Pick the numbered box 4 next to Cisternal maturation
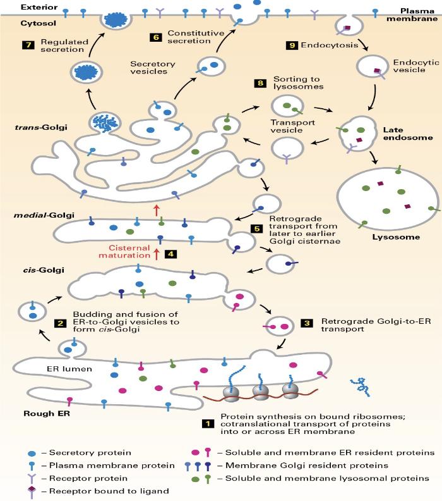click(x=170, y=254)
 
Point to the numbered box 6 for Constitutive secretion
click(x=155, y=37)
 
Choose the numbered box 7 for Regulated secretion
click(x=27, y=46)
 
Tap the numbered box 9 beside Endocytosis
click(x=291, y=46)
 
